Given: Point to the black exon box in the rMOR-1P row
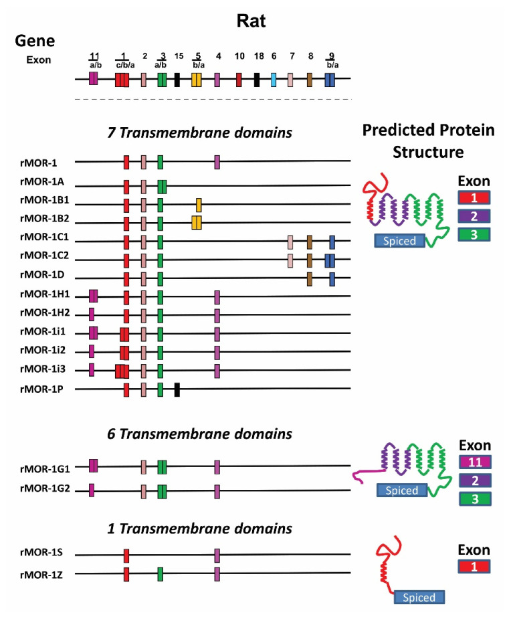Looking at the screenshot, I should click(177, 389).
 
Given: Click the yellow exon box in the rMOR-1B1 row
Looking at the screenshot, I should click(199, 204).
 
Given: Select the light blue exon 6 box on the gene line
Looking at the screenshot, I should click(274, 80).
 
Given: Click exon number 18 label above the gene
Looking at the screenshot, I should click(257, 58).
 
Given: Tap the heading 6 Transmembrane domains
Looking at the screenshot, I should click(200, 434).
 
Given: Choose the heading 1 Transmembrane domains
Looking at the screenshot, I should click(200, 529).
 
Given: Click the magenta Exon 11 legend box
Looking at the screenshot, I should click(475, 462).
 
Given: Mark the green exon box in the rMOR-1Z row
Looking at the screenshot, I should click(161, 573).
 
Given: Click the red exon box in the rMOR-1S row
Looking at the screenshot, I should click(126, 555).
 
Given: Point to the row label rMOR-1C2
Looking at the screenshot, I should click(41, 260).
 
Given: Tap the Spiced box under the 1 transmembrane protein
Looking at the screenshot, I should click(419, 597).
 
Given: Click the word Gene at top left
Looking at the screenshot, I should click(35, 41).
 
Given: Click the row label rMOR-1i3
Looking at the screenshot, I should click(41, 369).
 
